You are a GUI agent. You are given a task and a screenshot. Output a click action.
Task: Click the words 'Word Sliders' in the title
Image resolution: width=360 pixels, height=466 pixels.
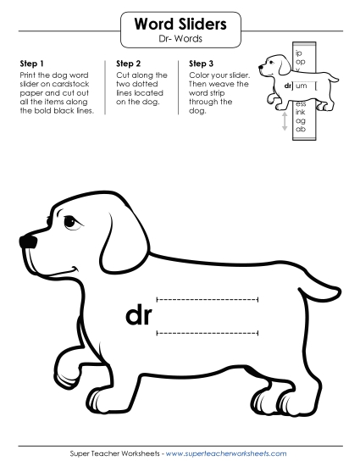point(180,25)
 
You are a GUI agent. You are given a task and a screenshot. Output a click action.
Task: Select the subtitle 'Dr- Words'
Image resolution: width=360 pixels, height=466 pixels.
point(180,40)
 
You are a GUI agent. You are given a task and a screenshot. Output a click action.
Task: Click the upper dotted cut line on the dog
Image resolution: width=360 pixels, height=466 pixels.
point(208,298)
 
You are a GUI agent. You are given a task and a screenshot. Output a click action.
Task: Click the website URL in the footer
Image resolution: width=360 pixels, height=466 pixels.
point(226,453)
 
